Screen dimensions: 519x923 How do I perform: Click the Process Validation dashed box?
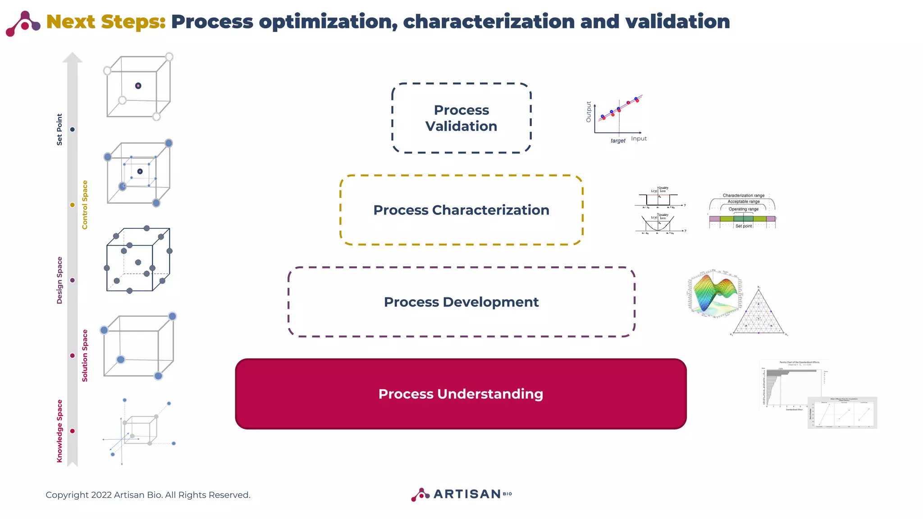461,118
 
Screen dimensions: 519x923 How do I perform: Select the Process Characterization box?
461,210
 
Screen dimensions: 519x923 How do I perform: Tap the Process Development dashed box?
461,302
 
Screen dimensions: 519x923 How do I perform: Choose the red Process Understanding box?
461,394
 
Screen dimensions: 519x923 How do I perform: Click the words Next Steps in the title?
106,22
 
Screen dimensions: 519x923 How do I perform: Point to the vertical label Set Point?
59,129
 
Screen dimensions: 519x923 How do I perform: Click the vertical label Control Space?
85,205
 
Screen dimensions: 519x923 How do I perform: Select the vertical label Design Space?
59,280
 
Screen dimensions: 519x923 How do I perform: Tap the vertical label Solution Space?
85,355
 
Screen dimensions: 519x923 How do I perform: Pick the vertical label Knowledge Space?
59,431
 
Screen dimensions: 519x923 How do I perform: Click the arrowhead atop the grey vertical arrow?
72,58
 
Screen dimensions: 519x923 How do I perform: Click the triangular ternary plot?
759,313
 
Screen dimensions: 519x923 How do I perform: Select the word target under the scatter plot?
617,141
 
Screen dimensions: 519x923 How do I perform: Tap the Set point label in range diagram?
744,226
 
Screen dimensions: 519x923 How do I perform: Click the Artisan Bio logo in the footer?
461,494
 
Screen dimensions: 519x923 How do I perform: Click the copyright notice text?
148,495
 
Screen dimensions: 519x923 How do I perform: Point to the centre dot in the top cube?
138,86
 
